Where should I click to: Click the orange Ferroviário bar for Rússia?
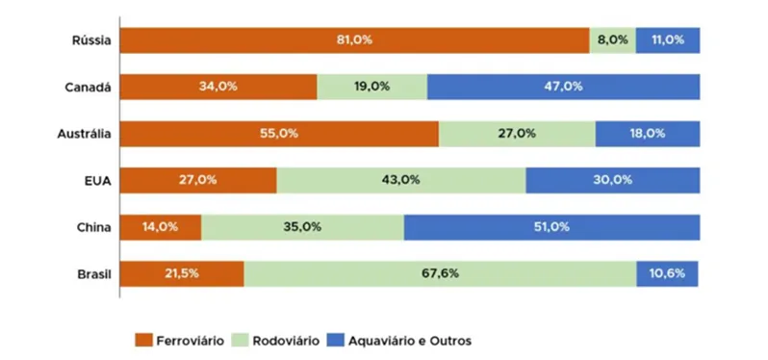click(354, 40)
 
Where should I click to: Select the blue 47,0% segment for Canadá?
click(563, 87)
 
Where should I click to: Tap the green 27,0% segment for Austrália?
click(517, 134)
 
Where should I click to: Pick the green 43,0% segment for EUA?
click(401, 180)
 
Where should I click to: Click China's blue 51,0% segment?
click(551, 227)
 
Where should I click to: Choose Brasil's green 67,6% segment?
click(440, 273)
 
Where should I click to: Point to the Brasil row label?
click(93, 274)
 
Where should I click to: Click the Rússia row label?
click(91, 40)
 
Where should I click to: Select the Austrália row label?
click(86, 134)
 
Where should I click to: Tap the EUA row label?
click(99, 180)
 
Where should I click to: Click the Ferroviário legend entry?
click(180, 340)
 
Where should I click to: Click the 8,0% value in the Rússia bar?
click(612, 40)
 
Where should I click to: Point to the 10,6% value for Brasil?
click(667, 273)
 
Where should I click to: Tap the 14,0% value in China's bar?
click(161, 227)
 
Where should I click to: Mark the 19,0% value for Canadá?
click(371, 87)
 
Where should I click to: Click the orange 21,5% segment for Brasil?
click(181, 273)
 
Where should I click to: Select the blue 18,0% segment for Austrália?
click(647, 134)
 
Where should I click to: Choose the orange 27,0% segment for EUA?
click(197, 180)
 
